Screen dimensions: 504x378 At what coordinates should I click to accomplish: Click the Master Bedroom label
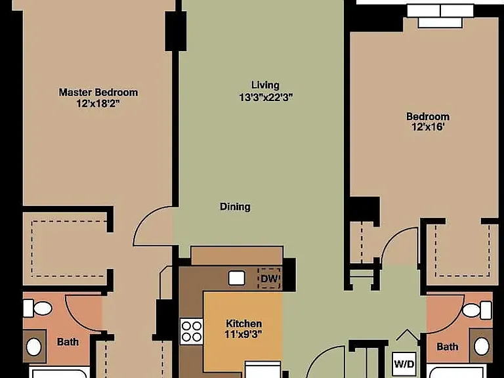(x=98, y=93)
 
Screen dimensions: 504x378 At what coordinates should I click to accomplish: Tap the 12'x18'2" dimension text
(x=100, y=104)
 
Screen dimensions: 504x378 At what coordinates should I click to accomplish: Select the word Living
(x=265, y=85)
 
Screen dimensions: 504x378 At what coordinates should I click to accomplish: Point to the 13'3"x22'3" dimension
(x=266, y=97)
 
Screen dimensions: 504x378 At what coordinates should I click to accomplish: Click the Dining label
(x=235, y=207)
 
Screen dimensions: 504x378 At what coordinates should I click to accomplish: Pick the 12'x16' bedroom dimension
(x=428, y=127)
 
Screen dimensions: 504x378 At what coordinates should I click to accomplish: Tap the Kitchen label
(x=244, y=324)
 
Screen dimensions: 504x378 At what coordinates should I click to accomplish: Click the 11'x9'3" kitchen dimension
(x=243, y=335)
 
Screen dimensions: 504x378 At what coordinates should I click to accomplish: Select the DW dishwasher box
(x=269, y=278)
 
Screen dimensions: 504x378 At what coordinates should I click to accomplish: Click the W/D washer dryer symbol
(x=404, y=364)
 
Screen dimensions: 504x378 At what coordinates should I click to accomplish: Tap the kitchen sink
(x=237, y=278)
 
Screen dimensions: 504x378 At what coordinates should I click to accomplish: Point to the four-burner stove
(x=191, y=331)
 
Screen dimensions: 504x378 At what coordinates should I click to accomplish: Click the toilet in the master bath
(x=37, y=308)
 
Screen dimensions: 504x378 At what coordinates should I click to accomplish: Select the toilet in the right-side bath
(x=477, y=310)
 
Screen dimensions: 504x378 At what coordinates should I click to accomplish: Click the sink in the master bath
(x=33, y=346)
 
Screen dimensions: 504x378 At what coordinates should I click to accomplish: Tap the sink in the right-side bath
(x=482, y=346)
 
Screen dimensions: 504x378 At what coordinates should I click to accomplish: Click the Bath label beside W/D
(x=447, y=346)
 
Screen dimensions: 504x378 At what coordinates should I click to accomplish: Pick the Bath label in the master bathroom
(x=68, y=342)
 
